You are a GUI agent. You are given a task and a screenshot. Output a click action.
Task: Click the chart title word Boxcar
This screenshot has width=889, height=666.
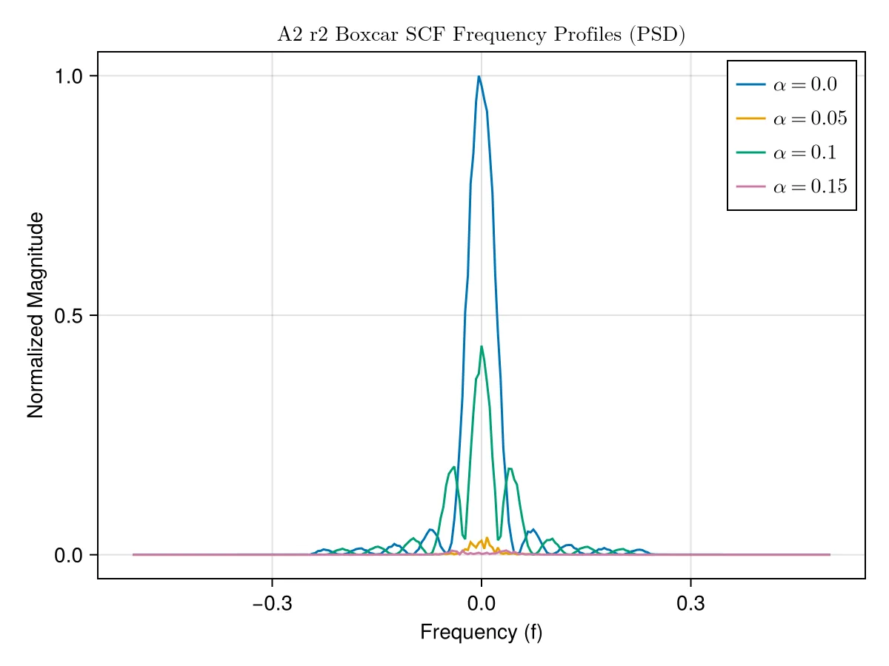[367, 34]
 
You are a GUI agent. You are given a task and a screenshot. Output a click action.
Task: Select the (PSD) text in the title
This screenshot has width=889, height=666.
[657, 34]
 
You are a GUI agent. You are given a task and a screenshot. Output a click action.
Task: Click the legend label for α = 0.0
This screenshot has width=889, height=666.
[805, 84]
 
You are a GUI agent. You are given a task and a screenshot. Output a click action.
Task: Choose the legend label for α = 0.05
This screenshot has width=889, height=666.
[810, 118]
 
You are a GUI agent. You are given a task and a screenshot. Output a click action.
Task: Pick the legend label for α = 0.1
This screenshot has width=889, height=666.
[805, 152]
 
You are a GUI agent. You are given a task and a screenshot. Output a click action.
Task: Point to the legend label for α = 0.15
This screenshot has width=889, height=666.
[810, 186]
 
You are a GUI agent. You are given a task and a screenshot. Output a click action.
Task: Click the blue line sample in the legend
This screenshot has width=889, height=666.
[751, 84]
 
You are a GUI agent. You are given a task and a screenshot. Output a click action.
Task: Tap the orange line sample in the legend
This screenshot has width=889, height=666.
[751, 118]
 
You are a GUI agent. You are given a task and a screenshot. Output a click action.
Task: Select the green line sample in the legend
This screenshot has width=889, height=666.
[751, 152]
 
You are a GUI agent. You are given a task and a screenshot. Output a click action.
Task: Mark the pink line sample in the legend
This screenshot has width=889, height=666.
[751, 186]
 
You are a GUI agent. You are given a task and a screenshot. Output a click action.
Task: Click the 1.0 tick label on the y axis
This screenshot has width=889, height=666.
[68, 76]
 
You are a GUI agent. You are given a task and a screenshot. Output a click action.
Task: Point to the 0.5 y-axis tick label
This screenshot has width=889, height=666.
[68, 316]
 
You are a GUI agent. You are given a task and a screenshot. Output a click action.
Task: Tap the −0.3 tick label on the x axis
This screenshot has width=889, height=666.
[272, 604]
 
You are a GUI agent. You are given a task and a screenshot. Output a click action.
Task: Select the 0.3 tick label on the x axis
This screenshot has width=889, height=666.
[690, 604]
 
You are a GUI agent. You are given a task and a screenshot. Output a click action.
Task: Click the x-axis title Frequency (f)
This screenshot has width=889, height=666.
[481, 632]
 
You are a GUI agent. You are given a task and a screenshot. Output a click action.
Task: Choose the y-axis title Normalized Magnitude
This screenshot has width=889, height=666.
[36, 315]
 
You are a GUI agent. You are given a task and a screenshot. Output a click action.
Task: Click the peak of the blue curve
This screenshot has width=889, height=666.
[479, 76]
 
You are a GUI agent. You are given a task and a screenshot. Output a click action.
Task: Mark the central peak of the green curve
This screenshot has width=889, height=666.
[482, 346]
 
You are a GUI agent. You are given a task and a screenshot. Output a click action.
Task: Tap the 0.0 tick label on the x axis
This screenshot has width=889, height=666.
[481, 604]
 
